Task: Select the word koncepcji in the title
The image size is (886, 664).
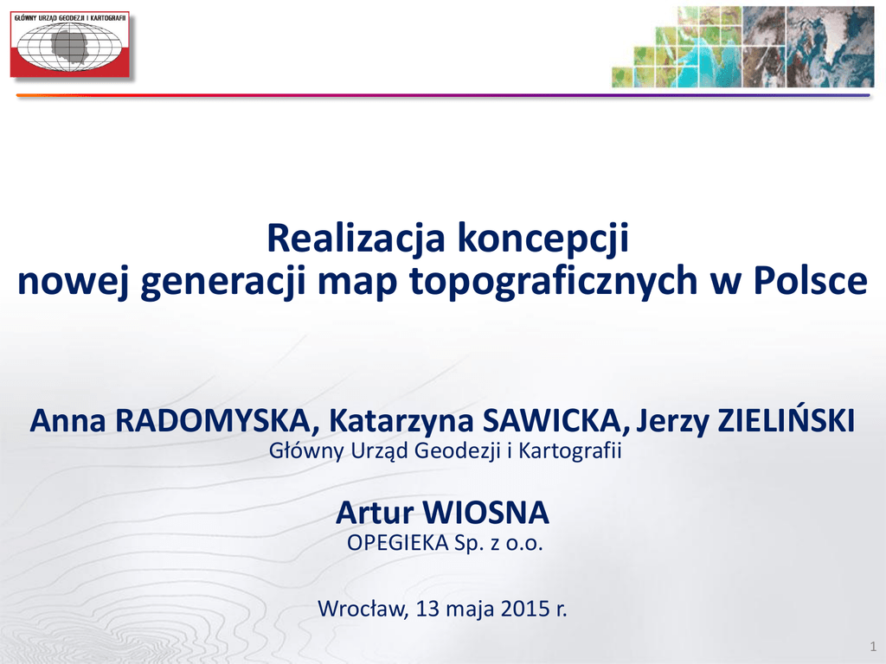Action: pos(543,239)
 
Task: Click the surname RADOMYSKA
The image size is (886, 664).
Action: pos(213,421)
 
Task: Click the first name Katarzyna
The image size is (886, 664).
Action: pos(401,422)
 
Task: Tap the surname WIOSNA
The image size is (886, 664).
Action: pos(486,513)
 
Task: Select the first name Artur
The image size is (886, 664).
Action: pos(375,513)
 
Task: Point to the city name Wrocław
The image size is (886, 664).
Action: pos(363,609)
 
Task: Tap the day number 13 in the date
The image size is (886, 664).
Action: pos(427,609)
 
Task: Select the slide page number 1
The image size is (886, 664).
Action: pos(873,647)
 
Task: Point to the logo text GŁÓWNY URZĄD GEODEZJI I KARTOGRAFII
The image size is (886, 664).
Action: pos(70,18)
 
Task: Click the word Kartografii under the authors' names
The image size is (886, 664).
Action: pos(570,450)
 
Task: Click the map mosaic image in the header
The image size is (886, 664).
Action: pos(743,47)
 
